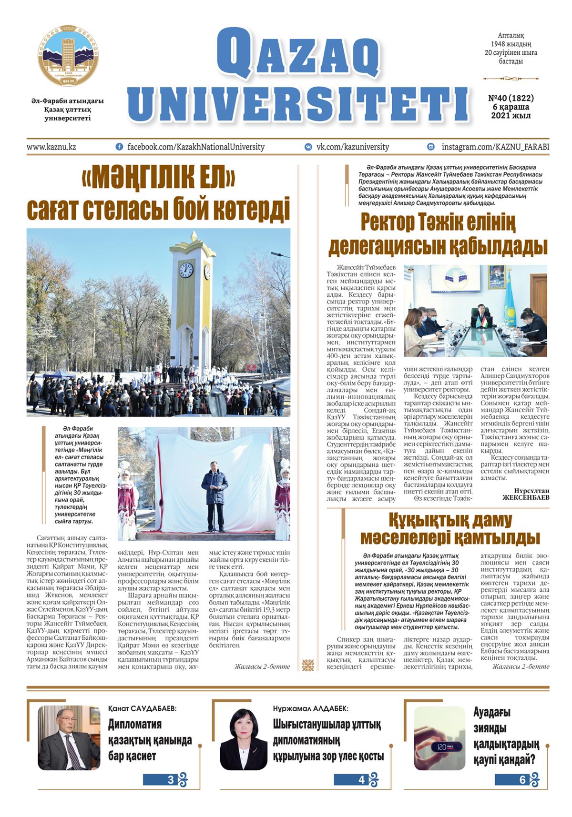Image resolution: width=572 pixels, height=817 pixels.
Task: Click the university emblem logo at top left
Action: click(x=68, y=56)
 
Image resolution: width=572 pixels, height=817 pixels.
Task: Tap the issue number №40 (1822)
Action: click(x=511, y=98)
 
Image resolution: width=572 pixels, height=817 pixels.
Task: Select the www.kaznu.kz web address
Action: click(x=51, y=147)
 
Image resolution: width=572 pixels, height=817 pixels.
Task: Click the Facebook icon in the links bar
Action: click(x=119, y=147)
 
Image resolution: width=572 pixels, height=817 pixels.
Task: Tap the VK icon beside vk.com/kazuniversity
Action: click(x=308, y=147)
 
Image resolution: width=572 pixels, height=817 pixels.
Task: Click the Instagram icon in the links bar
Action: click(x=431, y=147)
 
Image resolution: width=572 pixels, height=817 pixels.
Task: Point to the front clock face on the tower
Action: click(x=186, y=270)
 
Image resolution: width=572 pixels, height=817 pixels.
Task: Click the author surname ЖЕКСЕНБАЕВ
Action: click(x=526, y=497)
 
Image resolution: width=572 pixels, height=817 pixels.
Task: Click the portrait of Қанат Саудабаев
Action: click(x=69, y=738)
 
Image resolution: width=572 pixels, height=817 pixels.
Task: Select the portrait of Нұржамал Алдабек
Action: click(x=244, y=739)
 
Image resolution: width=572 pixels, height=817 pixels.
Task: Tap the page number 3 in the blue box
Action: click(x=171, y=780)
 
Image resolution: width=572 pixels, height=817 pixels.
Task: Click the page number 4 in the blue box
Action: click(x=361, y=780)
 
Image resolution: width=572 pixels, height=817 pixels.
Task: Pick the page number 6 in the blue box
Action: click(x=522, y=780)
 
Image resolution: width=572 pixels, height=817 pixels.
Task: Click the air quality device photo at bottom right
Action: click(x=439, y=738)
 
